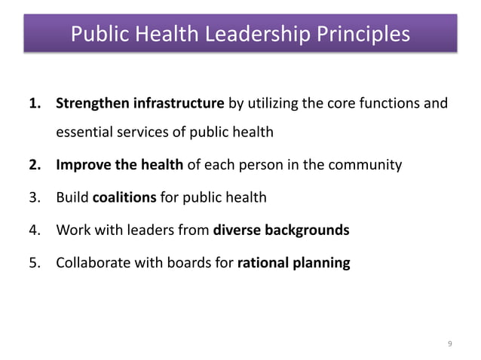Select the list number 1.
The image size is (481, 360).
pyautogui.click(x=34, y=103)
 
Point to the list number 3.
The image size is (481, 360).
pyautogui.click(x=34, y=198)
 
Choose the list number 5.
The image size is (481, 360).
pyautogui.click(x=34, y=264)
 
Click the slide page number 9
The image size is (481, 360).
pyautogui.click(x=450, y=343)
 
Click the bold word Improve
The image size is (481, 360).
pyautogui.click(x=80, y=166)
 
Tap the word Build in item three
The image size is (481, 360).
pyautogui.click(x=72, y=198)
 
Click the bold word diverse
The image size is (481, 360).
pyautogui.click(x=237, y=230)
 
